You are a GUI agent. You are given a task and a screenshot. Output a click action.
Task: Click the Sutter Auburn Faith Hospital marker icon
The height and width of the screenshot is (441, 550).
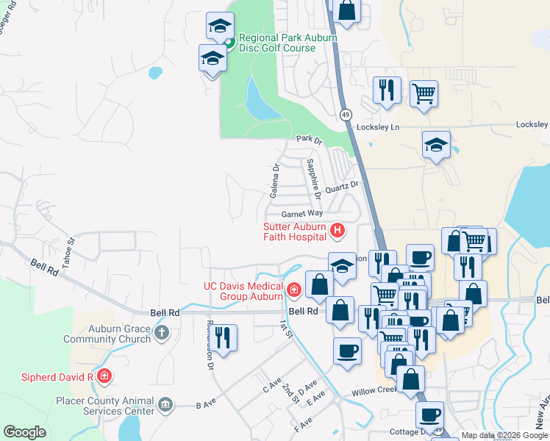point(337,231)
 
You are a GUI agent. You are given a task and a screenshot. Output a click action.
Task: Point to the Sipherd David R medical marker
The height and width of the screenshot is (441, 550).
point(104,376)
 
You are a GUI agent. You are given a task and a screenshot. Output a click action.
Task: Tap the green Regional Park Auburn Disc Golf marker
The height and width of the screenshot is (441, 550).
point(229,43)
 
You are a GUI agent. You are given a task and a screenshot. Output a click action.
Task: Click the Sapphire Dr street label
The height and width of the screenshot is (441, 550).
point(313,178)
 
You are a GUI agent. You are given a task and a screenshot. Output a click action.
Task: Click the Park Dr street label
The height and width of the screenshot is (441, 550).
point(310,138)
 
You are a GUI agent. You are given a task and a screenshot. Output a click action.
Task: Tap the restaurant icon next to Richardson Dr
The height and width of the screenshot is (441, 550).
point(224,337)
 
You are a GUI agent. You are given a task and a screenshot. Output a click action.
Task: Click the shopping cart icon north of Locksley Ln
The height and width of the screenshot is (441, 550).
point(424,93)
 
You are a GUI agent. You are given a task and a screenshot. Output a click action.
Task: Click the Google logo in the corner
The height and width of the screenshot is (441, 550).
point(24,432)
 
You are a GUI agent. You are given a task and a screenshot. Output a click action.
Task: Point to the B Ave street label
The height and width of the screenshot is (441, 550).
point(203,404)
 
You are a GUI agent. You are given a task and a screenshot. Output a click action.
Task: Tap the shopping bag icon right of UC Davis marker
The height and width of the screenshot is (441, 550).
point(319,284)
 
